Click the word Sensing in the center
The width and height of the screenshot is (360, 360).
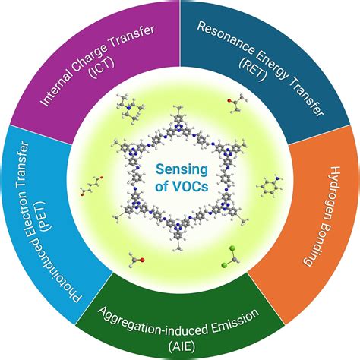tap(180, 168)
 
